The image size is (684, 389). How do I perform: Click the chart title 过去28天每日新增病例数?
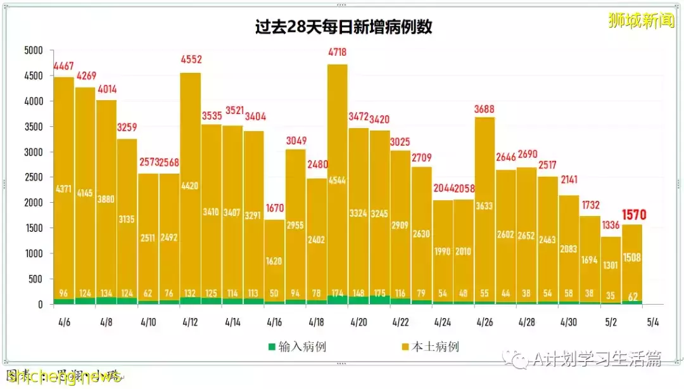343,27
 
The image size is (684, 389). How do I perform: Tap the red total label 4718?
337,53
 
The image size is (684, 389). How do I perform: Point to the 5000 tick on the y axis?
33,51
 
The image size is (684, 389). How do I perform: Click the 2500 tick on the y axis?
33,177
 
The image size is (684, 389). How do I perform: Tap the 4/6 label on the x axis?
63,322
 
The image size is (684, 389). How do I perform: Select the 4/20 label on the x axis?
358,322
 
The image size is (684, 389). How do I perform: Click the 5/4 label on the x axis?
652,322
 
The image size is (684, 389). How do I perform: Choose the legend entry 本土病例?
430,347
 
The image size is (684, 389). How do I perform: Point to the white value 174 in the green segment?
337,294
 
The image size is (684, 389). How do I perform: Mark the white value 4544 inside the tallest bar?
337,179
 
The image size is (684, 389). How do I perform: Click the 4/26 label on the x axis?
484,322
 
